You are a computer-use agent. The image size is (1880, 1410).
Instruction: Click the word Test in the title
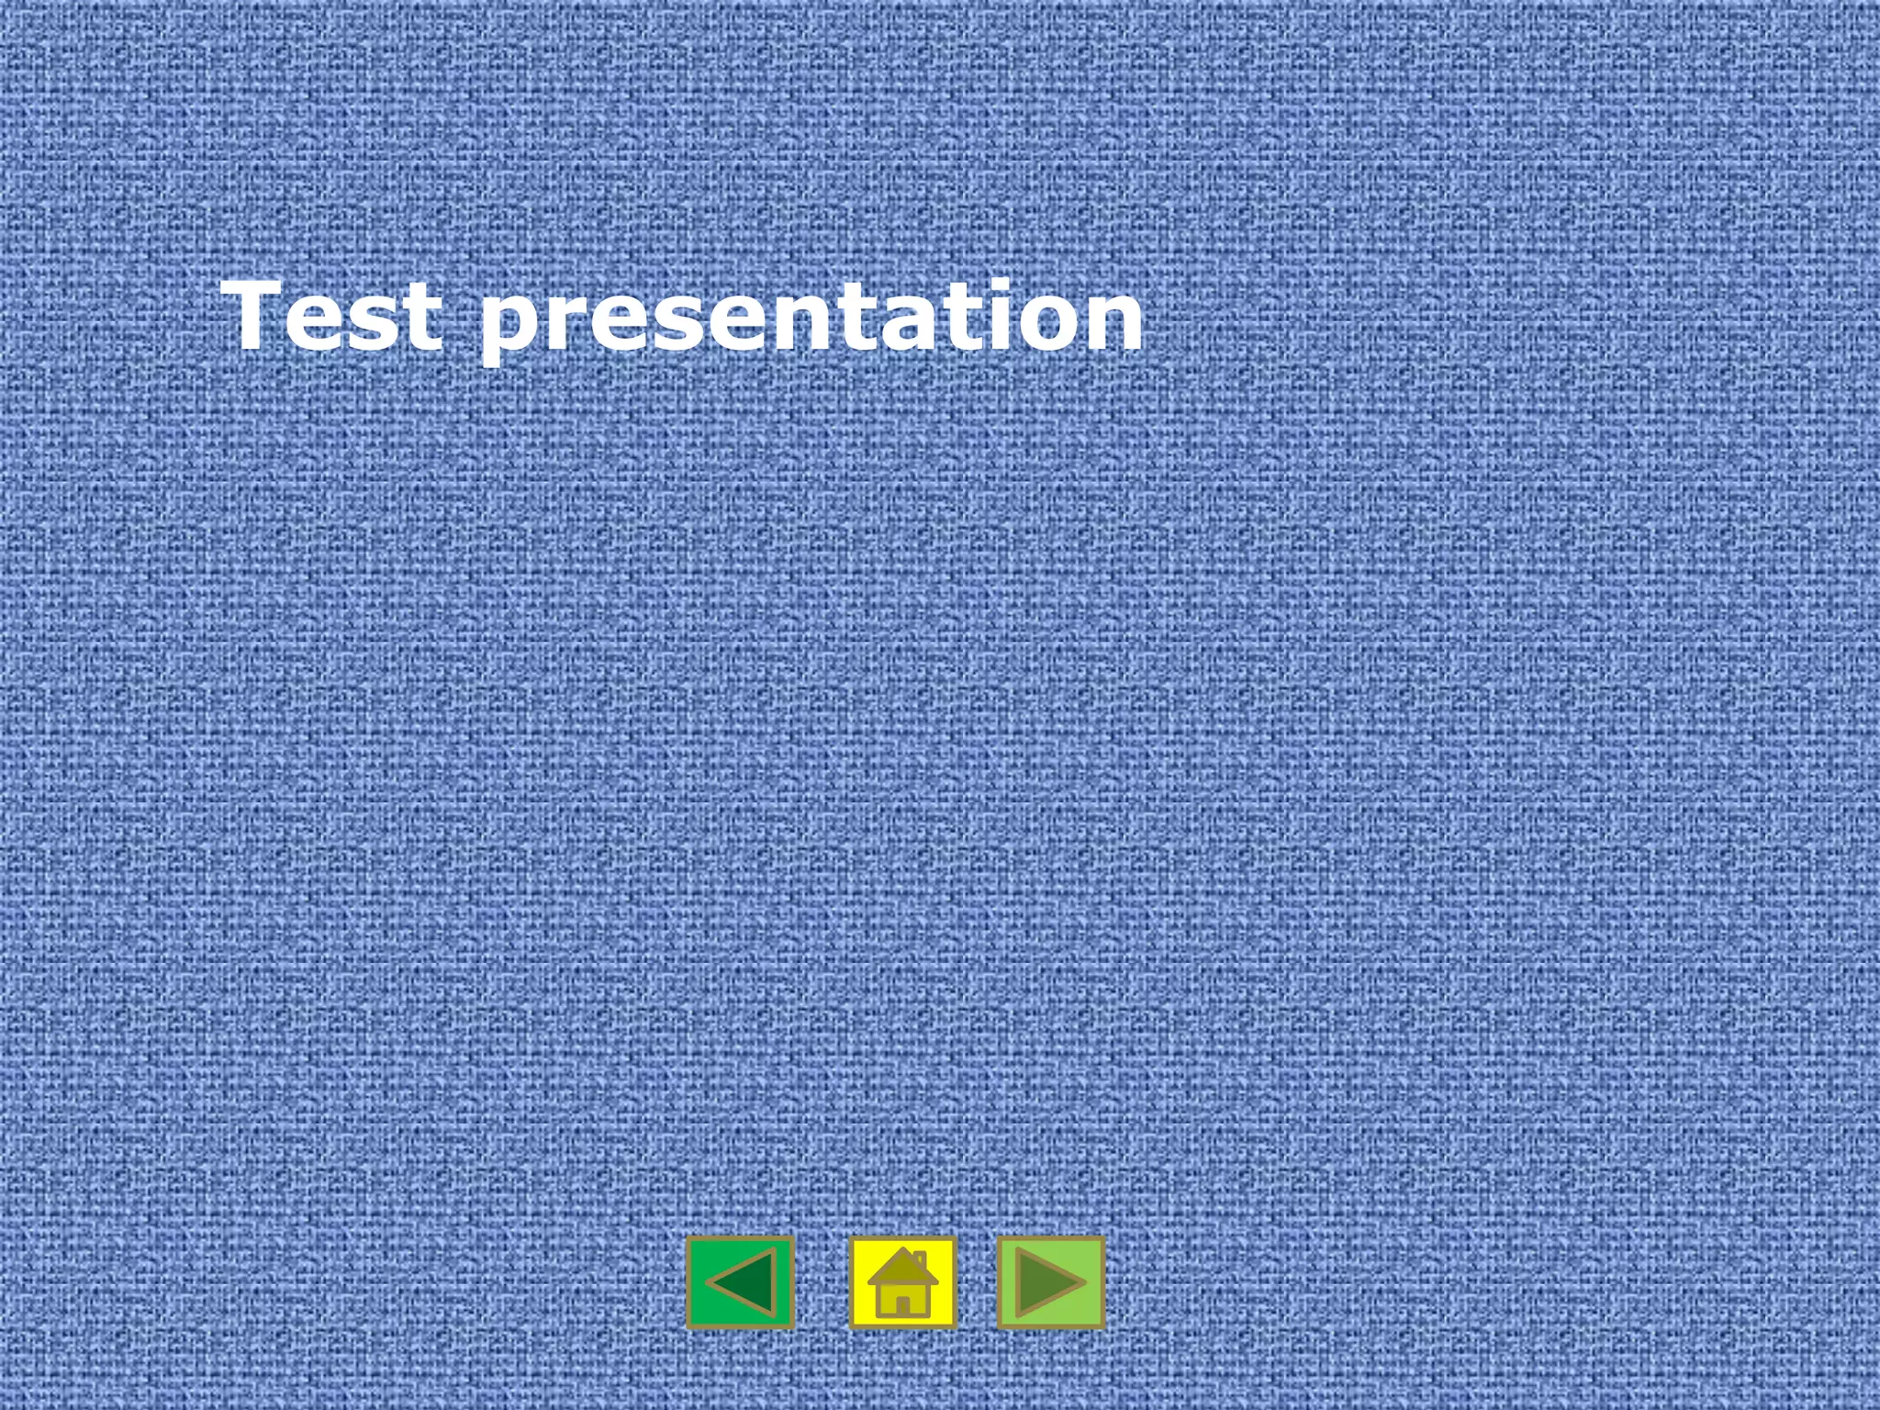pyautogui.click(x=335, y=316)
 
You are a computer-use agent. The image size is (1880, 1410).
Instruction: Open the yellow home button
pyautogui.click(x=902, y=1282)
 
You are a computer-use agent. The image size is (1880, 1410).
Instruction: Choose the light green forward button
pyautogui.click(x=1051, y=1282)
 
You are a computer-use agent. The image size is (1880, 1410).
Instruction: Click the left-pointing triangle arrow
pyautogui.click(x=744, y=1282)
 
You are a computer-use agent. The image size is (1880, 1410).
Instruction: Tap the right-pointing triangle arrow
pyautogui.click(x=1047, y=1282)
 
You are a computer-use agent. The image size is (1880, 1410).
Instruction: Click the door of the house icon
pyautogui.click(x=902, y=1304)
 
